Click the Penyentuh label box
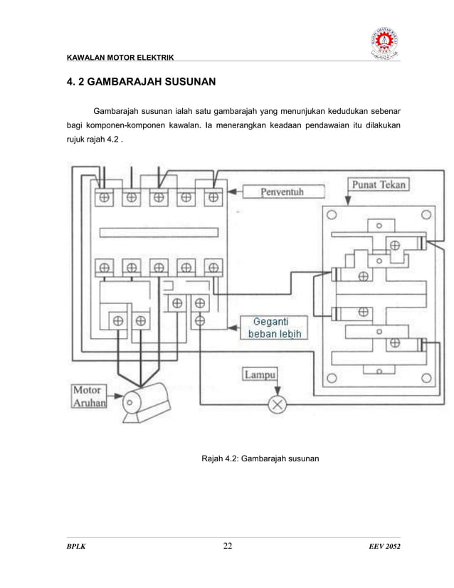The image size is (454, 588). tap(282, 192)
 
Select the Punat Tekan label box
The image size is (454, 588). tap(379, 185)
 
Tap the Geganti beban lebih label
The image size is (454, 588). tap(273, 327)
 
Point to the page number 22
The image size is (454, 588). tap(228, 546)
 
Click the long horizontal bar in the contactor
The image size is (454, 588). tap(159, 233)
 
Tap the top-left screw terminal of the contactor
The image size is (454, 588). tap(104, 198)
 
